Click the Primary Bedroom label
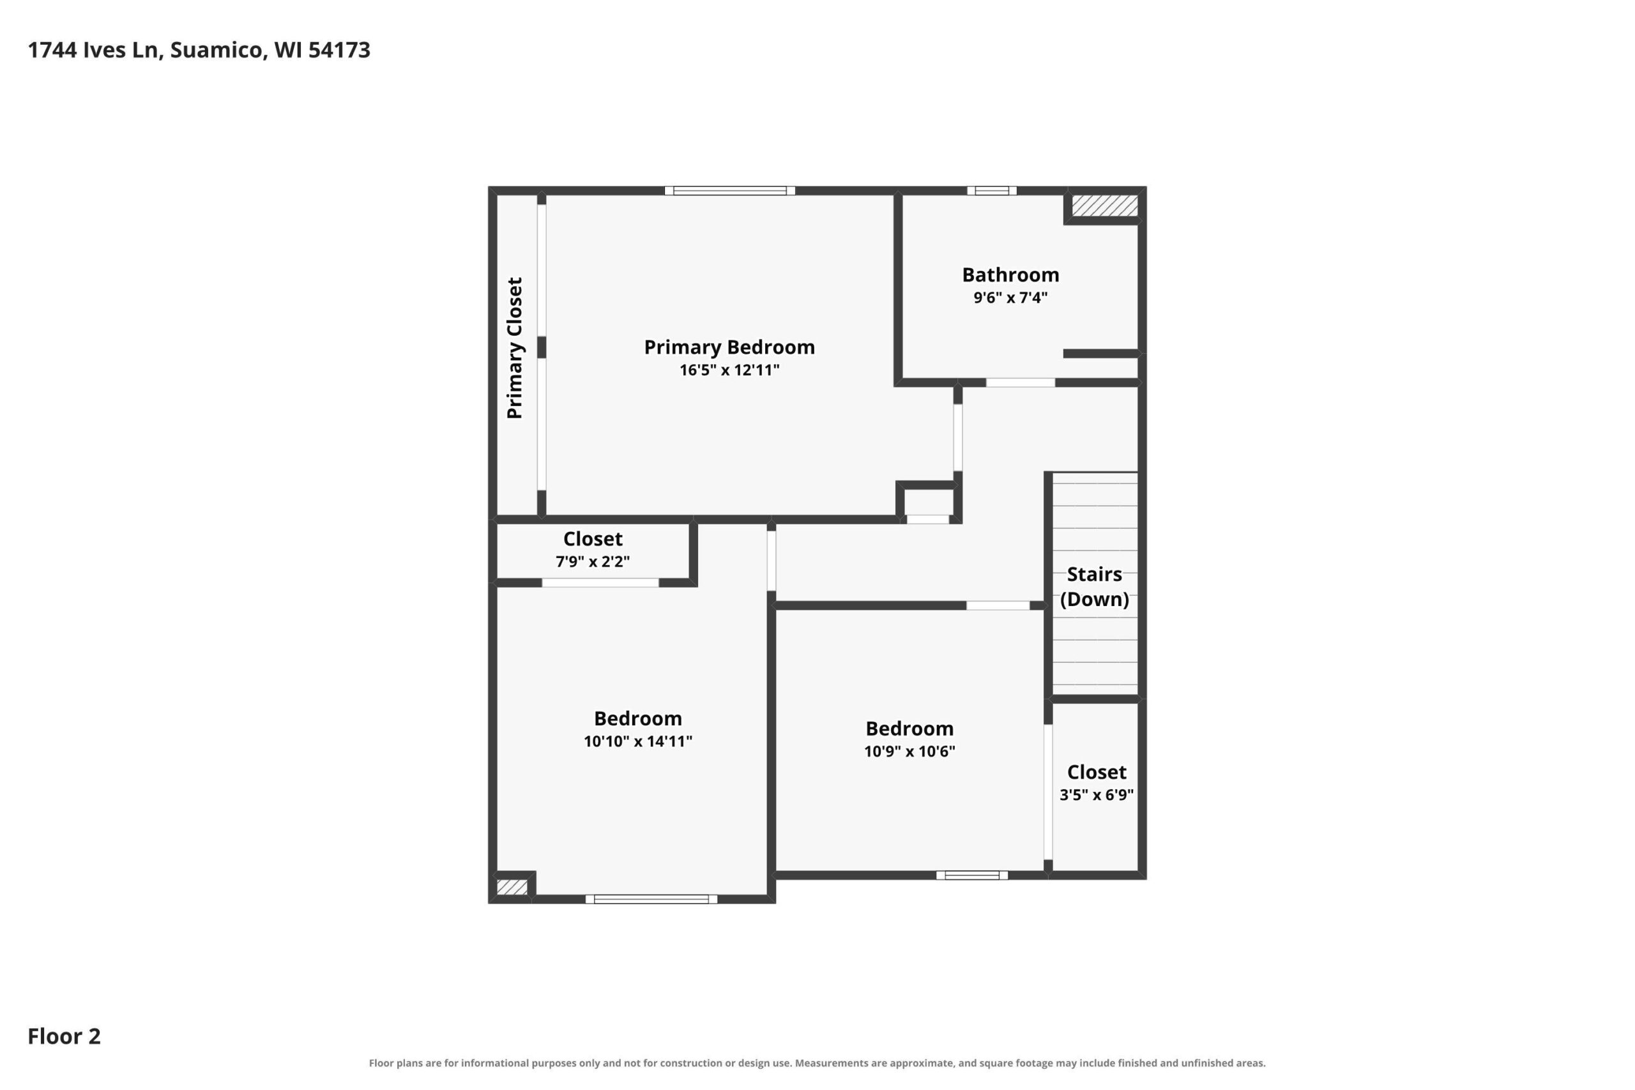coord(729,347)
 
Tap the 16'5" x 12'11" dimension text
coord(729,370)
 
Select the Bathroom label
coord(1011,275)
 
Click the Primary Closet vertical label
coord(514,348)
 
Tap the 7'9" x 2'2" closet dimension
coord(593,562)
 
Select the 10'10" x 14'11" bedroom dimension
coord(638,741)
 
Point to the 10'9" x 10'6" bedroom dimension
coord(909,752)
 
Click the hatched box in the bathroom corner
coord(1105,206)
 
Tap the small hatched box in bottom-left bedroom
coord(512,888)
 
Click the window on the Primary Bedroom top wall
coord(730,190)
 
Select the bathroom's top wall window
coord(992,190)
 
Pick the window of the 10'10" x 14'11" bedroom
coord(651,900)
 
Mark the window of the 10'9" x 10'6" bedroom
coord(972,875)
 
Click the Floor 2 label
coord(64,1036)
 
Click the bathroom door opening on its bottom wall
coord(1021,383)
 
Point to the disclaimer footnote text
coord(817,1063)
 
